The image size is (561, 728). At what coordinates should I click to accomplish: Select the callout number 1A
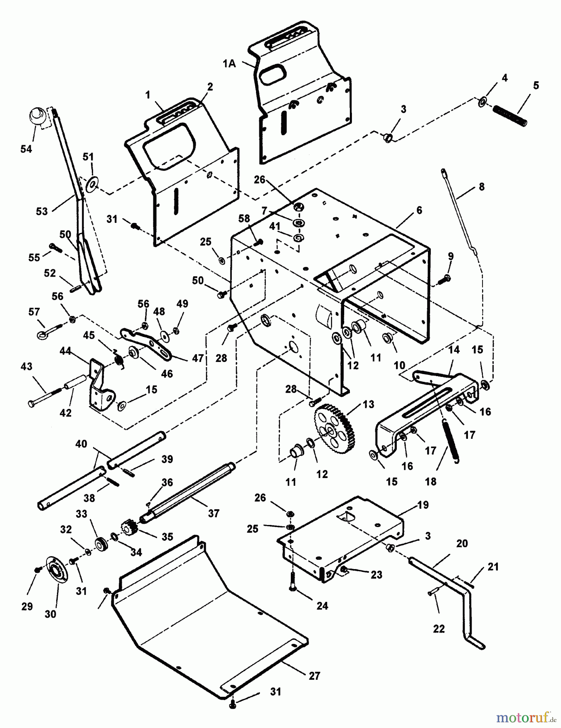229,63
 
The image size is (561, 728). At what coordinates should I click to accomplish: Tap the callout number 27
314,676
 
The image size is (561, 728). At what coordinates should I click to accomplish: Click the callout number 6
419,210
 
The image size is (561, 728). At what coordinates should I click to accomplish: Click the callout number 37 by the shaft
214,514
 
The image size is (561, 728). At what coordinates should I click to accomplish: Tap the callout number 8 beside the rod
481,187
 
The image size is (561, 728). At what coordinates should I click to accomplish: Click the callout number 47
197,358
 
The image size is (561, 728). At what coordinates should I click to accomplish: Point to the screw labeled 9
447,278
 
